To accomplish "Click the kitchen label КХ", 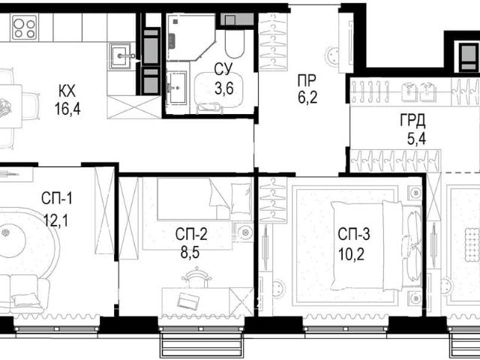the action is coord(67,91).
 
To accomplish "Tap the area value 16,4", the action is coord(67,109).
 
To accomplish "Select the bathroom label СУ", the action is coord(223,70).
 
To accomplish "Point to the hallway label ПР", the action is coord(307,81).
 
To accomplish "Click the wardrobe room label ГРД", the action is coord(412,121).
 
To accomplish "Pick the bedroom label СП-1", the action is coord(57,199).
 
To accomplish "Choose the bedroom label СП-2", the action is coord(191,235).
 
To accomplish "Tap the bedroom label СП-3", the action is coord(354,235).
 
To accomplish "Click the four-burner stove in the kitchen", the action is coord(24,28).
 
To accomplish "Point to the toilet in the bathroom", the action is coord(235,43).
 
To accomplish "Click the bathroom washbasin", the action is coord(176,88).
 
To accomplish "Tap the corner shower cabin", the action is coord(190,37).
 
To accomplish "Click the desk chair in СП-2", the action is coord(196,277).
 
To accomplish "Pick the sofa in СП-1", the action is coord(25,293).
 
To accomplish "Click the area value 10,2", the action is coord(352,254).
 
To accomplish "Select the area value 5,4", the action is coord(416,139).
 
